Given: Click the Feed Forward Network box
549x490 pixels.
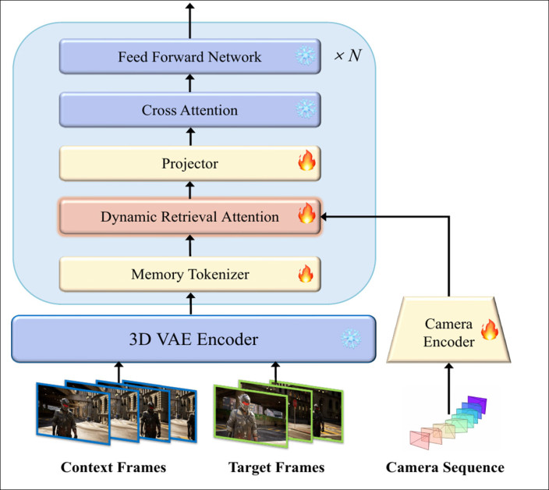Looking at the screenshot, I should (x=190, y=57).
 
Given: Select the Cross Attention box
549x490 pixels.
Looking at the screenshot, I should (x=190, y=110).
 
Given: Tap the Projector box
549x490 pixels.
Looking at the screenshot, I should (x=190, y=164).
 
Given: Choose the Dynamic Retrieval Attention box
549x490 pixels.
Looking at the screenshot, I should (x=190, y=216).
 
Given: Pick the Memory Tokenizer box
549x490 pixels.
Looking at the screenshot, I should (x=190, y=274).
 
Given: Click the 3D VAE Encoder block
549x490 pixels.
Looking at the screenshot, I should (x=194, y=338).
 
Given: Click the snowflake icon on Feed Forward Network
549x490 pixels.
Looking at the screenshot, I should (x=303, y=57).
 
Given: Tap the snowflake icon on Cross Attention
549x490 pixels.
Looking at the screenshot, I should (x=303, y=110).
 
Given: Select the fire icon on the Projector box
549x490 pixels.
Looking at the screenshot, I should (x=306, y=163).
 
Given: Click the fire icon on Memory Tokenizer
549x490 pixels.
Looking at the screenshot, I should (x=306, y=273).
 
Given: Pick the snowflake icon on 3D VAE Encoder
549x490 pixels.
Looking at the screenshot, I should (x=350, y=338).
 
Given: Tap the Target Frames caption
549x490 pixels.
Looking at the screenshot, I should (x=276, y=468).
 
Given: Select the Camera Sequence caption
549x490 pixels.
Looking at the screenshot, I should (x=445, y=468).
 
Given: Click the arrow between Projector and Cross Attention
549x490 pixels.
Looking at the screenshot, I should (x=190, y=137).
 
